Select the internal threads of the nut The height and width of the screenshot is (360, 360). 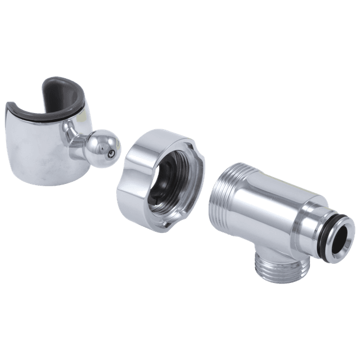[186, 169]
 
